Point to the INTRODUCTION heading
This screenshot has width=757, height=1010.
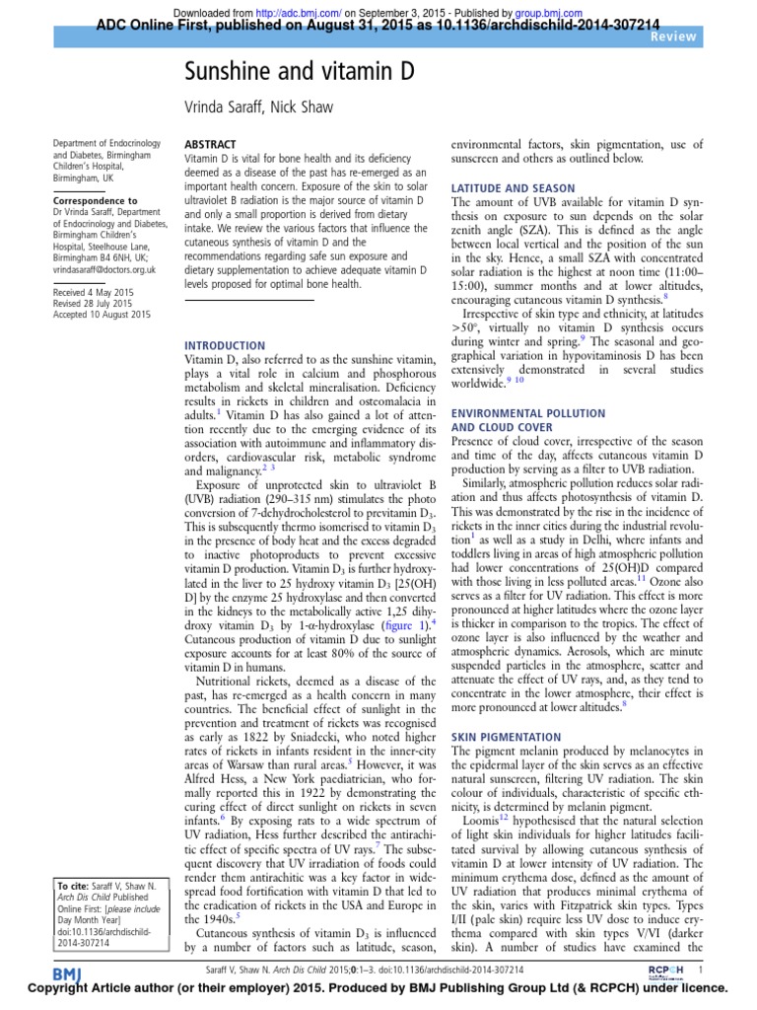[226, 345]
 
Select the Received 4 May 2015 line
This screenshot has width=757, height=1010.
[95, 293]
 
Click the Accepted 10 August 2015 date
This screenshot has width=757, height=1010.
[102, 315]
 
